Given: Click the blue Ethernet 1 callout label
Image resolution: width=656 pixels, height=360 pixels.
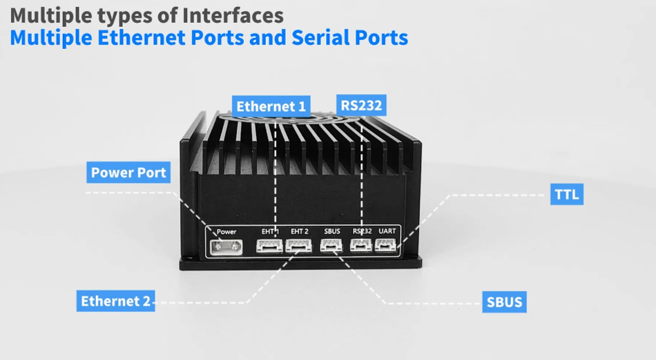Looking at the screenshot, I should click(x=271, y=106).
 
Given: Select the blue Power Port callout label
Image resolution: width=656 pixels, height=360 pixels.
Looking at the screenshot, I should click(x=129, y=172).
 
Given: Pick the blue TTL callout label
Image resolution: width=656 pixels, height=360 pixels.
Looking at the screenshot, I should click(x=567, y=194).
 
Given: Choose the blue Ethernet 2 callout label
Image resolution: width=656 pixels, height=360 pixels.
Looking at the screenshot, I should click(x=115, y=301).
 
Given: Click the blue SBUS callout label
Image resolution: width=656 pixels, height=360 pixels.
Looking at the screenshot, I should click(x=505, y=302).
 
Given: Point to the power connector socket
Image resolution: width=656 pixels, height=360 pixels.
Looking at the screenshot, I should click(x=227, y=246).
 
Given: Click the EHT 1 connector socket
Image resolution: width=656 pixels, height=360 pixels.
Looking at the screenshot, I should click(x=269, y=245).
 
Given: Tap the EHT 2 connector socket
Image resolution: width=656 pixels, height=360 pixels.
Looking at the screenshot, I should click(x=298, y=245).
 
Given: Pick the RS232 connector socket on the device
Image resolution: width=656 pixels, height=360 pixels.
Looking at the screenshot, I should click(x=361, y=245).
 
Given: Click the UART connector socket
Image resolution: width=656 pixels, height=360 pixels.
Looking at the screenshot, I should click(x=387, y=245).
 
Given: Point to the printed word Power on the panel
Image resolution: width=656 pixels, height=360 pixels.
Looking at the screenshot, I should click(x=226, y=231).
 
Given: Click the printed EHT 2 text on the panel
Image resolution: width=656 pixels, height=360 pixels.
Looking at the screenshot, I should click(x=299, y=231).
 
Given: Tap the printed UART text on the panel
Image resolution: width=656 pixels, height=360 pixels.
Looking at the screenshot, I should click(x=387, y=231).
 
